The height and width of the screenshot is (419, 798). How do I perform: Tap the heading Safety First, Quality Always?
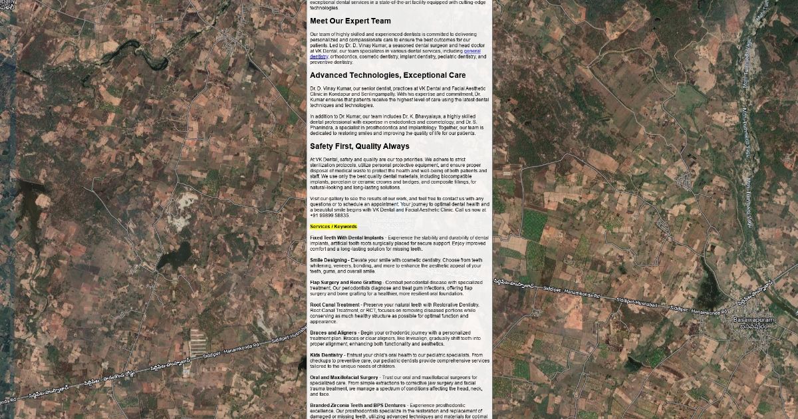click(360, 146)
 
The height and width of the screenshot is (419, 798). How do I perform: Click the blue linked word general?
click(472, 51)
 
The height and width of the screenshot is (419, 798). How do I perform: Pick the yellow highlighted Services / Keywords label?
click(333, 227)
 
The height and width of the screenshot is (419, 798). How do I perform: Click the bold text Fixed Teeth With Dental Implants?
click(346, 237)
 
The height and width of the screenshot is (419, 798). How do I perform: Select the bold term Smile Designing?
click(329, 260)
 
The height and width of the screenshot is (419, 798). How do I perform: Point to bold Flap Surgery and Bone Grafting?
click(346, 282)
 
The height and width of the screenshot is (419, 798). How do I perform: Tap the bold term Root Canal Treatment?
click(334, 305)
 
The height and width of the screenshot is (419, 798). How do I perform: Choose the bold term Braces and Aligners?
click(333, 333)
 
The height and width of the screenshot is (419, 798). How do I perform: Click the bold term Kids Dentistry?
click(327, 355)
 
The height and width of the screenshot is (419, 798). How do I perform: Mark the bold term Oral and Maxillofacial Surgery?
click(344, 377)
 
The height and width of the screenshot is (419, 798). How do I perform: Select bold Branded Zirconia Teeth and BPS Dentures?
click(358, 405)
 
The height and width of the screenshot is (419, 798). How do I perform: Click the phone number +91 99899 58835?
click(329, 215)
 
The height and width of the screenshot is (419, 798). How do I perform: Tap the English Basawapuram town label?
click(753, 320)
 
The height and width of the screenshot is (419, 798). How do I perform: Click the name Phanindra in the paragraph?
click(323, 128)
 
